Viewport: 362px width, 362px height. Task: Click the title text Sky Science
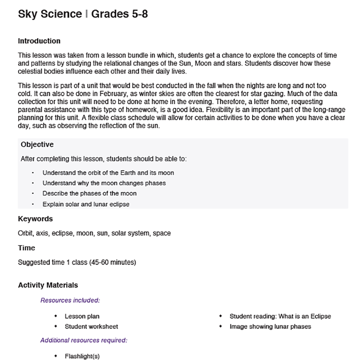50,14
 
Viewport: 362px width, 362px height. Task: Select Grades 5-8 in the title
119,14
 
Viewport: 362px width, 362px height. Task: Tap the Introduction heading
39,41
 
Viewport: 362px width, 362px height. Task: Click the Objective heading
37,144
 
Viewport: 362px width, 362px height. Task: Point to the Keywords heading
35,219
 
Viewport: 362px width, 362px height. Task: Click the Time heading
26,248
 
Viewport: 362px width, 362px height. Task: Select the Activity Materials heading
48,285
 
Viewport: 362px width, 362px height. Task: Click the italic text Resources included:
70,300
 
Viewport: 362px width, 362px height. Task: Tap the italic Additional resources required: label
84,340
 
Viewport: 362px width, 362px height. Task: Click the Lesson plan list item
82,316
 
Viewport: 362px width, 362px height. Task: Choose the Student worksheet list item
91,326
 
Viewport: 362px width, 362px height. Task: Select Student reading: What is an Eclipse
280,316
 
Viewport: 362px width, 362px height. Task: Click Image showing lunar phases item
270,326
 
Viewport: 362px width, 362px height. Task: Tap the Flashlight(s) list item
82,356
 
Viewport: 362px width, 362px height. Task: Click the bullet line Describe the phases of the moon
89,193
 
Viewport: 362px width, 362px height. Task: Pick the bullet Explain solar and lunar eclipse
86,204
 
